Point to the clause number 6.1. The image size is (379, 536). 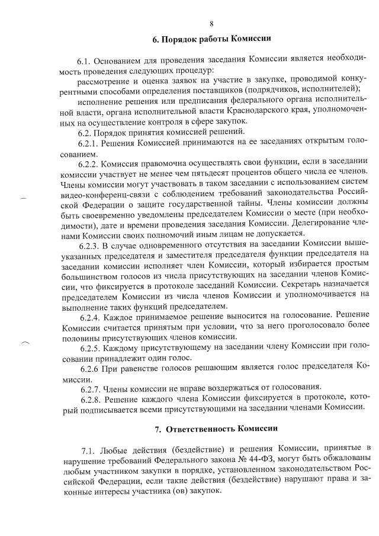click(86, 61)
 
